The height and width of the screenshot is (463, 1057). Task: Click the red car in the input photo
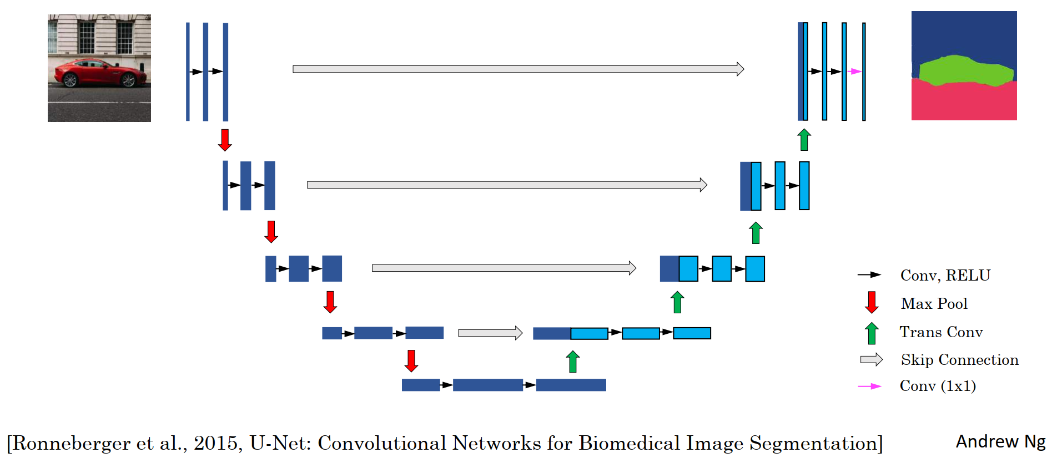pyautogui.click(x=100, y=73)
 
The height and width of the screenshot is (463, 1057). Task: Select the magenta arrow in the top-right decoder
pyautogui.click(x=854, y=72)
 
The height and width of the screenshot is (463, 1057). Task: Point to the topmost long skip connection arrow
pyautogui.click(x=518, y=69)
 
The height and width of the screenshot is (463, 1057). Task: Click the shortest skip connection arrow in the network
pyautogui.click(x=490, y=333)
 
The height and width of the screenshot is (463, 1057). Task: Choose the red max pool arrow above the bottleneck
pyautogui.click(x=411, y=360)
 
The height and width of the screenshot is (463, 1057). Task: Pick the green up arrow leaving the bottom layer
pyautogui.click(x=573, y=362)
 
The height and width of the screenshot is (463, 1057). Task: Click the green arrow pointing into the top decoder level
pyautogui.click(x=804, y=139)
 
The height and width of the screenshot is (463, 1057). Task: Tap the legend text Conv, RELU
pyautogui.click(x=945, y=276)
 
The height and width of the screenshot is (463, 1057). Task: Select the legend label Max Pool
pyautogui.click(x=934, y=304)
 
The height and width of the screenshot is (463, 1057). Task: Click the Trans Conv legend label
pyautogui.click(x=941, y=332)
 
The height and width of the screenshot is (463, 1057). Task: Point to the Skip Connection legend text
pyautogui.click(x=959, y=360)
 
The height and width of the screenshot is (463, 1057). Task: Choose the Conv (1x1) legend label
pyautogui.click(x=938, y=386)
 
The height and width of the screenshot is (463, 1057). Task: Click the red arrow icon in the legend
pyautogui.click(x=872, y=303)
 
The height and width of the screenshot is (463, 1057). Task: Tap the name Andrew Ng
pyautogui.click(x=1000, y=441)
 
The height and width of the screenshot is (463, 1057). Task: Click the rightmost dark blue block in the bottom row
pyautogui.click(x=571, y=385)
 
